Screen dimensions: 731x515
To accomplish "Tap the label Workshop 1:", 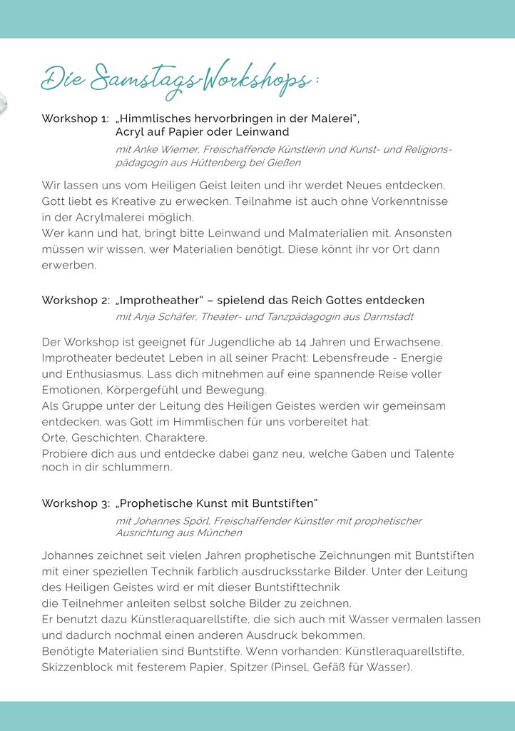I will (75, 119).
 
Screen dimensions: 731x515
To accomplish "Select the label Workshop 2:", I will (75, 301).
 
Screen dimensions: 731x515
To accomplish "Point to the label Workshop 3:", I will (75, 503).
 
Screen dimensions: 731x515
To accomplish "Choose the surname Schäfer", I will (180, 316).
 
